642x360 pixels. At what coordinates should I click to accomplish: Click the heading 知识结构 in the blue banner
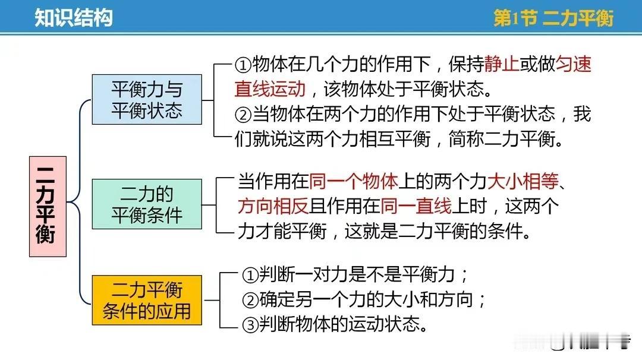[73, 18]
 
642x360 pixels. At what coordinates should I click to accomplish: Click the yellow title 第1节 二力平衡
[553, 18]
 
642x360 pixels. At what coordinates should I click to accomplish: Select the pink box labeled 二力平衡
[48, 207]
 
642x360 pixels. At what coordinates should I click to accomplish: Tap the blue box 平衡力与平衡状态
[147, 99]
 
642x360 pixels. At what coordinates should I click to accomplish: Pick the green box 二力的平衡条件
[147, 204]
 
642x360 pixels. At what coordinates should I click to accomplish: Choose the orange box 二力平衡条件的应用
[147, 300]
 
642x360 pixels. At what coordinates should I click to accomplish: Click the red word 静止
[502, 64]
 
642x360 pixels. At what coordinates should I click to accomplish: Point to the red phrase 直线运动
[270, 89]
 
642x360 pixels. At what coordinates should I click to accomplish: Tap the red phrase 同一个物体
[353, 181]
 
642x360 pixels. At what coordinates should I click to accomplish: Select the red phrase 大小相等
[523, 181]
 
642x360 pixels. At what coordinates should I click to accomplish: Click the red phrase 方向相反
[273, 206]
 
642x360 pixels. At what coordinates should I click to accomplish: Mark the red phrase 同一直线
[416, 206]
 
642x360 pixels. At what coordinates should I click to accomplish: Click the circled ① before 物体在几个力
[243, 65]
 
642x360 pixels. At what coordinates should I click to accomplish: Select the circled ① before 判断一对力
[250, 275]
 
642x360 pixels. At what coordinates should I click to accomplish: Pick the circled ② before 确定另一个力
[250, 300]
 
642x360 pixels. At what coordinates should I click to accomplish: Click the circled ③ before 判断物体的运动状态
[250, 325]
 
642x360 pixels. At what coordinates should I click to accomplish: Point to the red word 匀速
[574, 64]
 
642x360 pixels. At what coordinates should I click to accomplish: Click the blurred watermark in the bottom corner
[572, 341]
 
